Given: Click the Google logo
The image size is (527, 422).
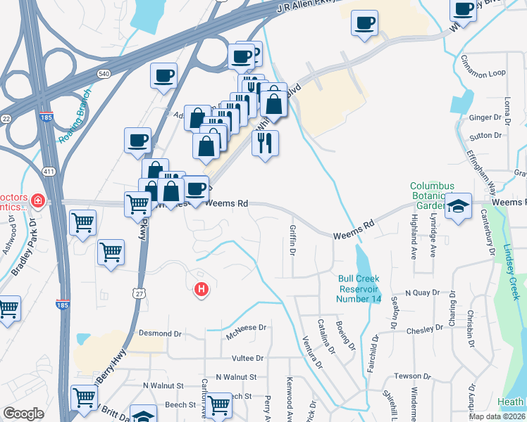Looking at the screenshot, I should [23, 414].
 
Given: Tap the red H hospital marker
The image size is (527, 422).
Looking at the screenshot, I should [201, 288].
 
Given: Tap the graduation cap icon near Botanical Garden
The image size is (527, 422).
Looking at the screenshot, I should [458, 206].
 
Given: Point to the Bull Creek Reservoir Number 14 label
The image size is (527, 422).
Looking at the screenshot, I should [359, 288].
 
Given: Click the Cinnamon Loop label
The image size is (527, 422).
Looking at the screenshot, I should [483, 72].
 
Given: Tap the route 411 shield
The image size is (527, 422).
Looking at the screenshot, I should [49, 172].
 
